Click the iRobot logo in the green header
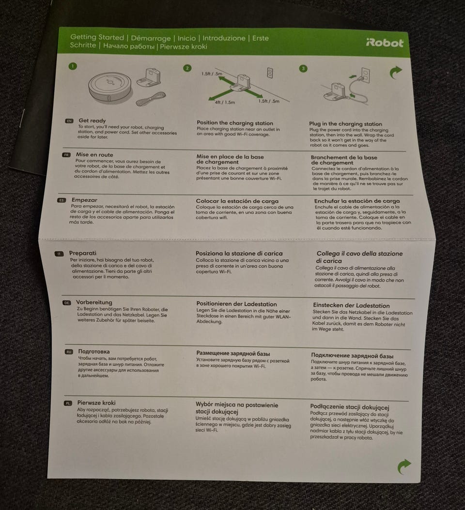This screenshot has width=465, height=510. [x=385, y=43]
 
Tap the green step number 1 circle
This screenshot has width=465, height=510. [x=73, y=66]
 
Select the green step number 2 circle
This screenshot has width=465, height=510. [x=187, y=68]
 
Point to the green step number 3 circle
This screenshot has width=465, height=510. [x=303, y=68]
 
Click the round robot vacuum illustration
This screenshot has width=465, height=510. [x=110, y=86]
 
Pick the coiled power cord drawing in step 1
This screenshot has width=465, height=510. [x=151, y=99]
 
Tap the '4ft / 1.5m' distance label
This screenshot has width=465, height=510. [x=225, y=102]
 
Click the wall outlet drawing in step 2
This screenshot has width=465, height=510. [x=270, y=73]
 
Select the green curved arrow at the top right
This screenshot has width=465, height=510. [x=396, y=72]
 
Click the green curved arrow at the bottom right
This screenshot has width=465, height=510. [x=404, y=466]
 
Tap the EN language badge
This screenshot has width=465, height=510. [x=69, y=121]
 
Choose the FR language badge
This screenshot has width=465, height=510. [x=66, y=155]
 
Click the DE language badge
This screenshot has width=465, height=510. [x=66, y=302]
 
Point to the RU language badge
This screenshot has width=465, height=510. [x=69, y=352]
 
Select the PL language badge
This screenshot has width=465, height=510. [x=68, y=404]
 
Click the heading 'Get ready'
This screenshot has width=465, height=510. [x=92, y=120]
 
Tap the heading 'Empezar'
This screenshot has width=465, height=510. [x=84, y=200]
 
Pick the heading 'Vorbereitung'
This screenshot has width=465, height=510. [x=94, y=302]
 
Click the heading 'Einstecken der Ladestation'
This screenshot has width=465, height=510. [x=351, y=305]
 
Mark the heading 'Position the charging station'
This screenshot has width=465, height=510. [x=235, y=123]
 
